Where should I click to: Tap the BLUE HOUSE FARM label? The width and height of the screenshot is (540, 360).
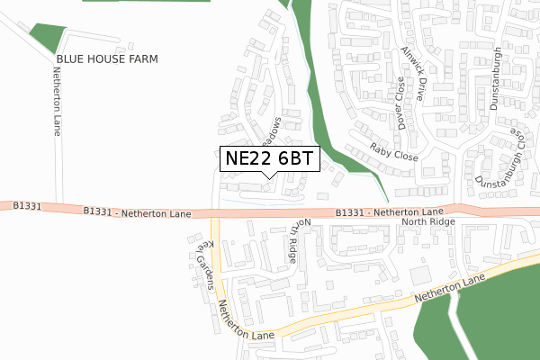click(x=107, y=58)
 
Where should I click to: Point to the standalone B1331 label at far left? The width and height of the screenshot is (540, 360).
click(x=27, y=206)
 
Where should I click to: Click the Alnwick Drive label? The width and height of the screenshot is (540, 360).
click(x=414, y=72)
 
